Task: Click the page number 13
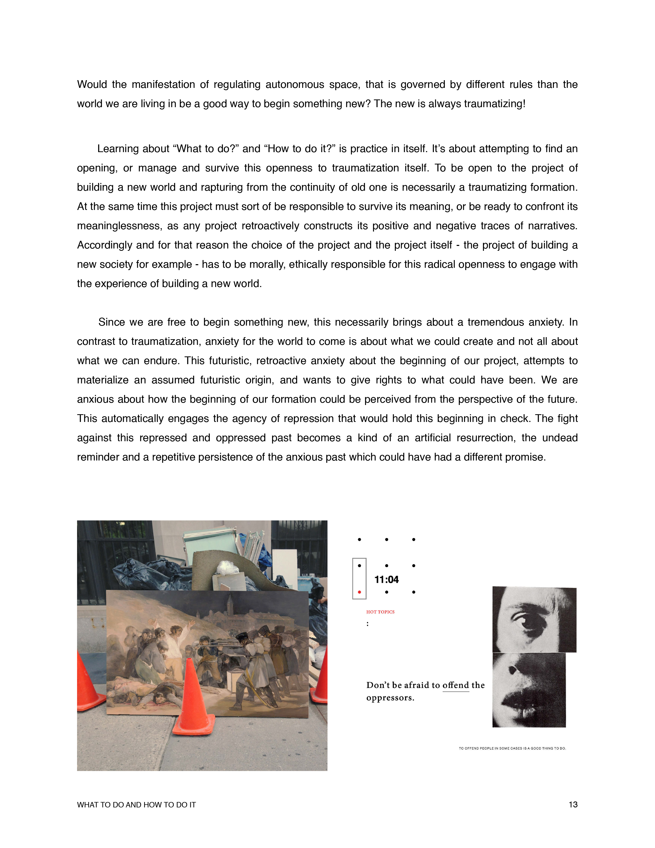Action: tap(573, 805)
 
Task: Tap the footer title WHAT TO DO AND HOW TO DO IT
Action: tap(136, 805)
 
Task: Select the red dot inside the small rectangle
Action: tap(359, 592)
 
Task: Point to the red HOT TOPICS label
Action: tap(380, 612)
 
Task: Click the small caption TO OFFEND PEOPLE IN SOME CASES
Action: tap(512, 748)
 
